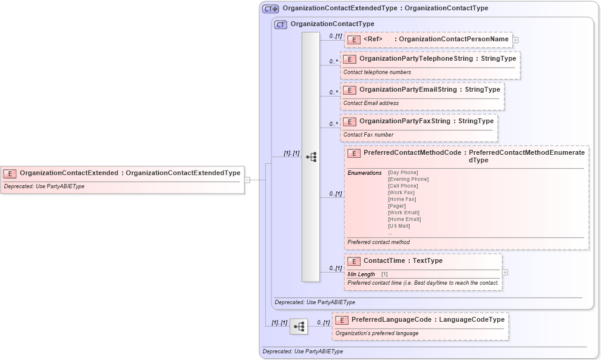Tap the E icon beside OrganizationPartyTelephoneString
pyautogui.click(x=349, y=59)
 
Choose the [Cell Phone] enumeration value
pyautogui.click(x=404, y=186)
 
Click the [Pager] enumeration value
pyautogui.click(x=398, y=206)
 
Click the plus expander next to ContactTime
pyautogui.click(x=505, y=272)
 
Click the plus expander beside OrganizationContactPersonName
pyautogui.click(x=515, y=39)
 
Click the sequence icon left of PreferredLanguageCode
pyautogui.click(x=299, y=327)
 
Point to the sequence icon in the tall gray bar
pyautogui.click(x=311, y=157)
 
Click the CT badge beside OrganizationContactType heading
pyautogui.click(x=280, y=24)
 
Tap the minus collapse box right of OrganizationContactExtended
pyautogui.click(x=247, y=180)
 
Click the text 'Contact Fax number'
pyautogui.click(x=368, y=135)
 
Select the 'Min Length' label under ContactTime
pyautogui.click(x=361, y=274)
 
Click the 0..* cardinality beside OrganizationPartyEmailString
pyautogui.click(x=333, y=93)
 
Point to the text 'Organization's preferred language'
pyautogui.click(x=376, y=333)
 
